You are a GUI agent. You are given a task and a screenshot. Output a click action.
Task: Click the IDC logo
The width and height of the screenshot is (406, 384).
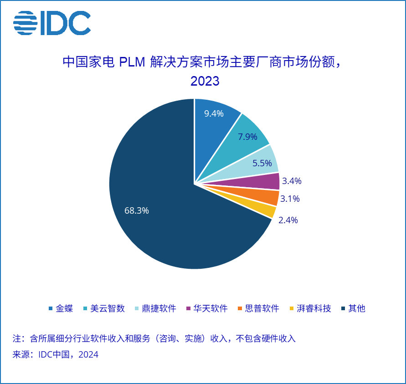52,23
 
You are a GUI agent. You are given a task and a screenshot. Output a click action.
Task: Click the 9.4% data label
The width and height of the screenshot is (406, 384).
214,113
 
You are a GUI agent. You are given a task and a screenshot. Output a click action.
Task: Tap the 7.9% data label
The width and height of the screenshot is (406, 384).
247,137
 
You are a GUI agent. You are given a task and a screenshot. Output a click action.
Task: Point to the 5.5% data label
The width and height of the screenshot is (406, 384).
262,163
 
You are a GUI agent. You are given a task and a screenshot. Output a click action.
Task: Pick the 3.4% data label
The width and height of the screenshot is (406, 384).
292,181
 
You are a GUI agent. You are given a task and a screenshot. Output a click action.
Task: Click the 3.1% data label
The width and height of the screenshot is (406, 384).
290,199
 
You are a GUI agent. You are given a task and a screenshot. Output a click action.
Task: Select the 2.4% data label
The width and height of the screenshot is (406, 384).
288,220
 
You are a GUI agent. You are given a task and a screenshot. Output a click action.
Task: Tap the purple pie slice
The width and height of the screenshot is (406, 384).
267,181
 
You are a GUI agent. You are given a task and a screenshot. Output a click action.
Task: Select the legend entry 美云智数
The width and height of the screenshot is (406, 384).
108,308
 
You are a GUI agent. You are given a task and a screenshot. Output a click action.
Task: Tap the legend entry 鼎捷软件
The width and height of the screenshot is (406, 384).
159,308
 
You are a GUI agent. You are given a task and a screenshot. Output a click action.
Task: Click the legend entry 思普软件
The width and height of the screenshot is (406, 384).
262,308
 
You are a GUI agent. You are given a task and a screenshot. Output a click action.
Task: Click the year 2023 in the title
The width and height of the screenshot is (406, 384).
205,82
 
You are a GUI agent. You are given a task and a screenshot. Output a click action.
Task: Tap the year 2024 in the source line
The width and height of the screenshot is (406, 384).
88,354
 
